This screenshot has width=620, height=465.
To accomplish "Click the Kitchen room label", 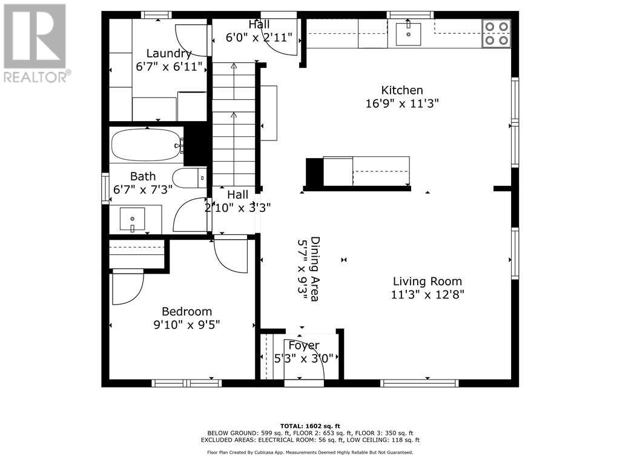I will pos(401,90).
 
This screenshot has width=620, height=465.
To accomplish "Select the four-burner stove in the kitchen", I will pos(496,34).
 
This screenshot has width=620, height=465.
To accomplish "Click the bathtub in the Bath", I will pos(147,145).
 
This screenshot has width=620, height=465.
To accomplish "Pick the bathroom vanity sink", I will pos(132,218).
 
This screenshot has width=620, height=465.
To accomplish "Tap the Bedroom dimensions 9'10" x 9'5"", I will pos(186,325).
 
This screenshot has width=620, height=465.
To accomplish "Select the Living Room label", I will pos(427,281).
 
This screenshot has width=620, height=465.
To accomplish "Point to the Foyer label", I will pos(303,345).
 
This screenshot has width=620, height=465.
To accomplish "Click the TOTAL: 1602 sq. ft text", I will pos(309,425).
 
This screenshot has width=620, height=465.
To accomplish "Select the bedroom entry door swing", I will pos(230,256).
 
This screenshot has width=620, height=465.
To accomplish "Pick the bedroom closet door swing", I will pos(127,287).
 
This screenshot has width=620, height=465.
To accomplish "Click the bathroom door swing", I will pos(191,215).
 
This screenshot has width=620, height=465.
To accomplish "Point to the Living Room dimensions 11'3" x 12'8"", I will pos(427,295).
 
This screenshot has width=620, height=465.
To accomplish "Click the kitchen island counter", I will pos(366,171).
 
